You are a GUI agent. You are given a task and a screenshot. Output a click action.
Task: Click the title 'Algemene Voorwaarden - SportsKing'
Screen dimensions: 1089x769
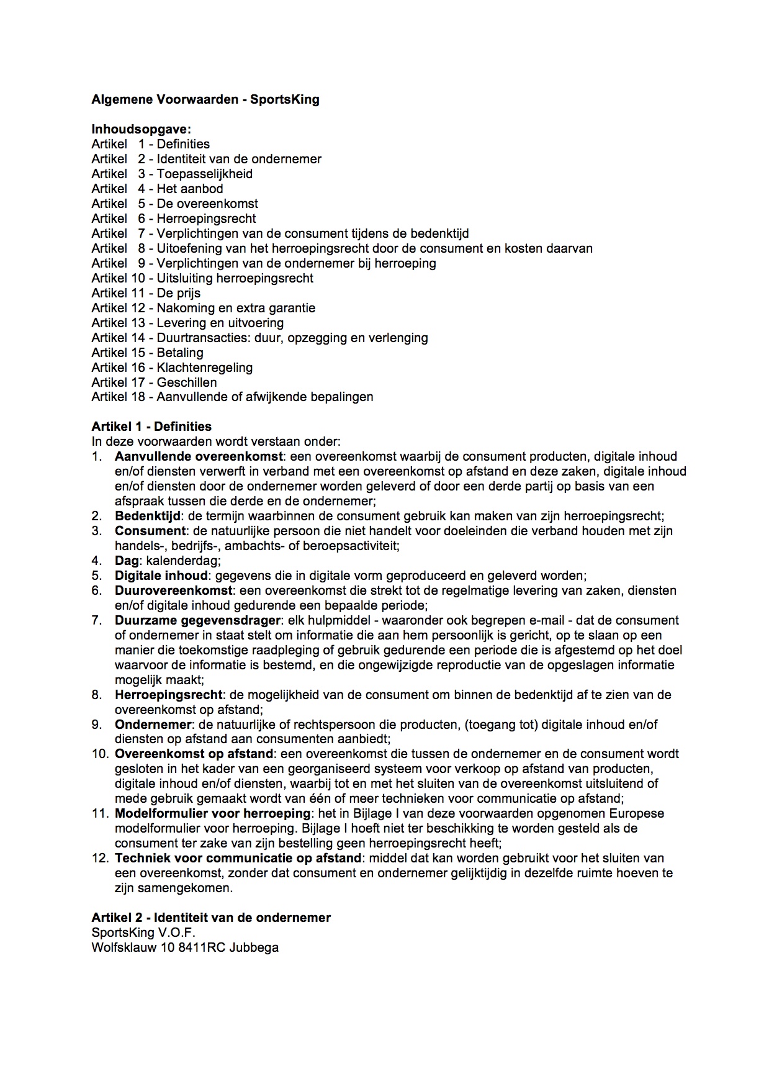pos(205,99)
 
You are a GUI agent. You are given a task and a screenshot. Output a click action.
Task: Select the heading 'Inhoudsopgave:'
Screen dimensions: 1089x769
pos(142,129)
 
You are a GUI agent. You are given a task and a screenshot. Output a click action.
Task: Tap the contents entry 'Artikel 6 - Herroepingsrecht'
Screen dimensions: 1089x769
pos(174,219)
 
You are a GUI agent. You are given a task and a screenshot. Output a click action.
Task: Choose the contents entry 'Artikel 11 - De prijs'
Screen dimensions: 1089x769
pos(146,293)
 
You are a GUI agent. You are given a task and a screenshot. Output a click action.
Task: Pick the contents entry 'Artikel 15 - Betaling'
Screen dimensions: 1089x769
pos(147,353)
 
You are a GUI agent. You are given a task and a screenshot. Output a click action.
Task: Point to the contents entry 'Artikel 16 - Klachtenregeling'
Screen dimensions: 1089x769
pos(172,368)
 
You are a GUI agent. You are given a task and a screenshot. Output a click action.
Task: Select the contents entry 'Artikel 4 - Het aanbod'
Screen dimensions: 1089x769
pos(157,189)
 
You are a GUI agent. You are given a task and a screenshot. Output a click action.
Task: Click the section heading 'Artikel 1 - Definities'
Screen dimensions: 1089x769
pos(151,427)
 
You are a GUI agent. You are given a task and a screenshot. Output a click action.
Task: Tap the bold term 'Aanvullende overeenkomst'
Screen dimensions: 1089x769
pos(198,456)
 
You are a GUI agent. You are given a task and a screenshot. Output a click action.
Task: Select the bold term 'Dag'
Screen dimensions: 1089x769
pos(127,561)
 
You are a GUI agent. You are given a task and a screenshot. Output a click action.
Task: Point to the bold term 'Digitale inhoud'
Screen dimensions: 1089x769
pos(161,576)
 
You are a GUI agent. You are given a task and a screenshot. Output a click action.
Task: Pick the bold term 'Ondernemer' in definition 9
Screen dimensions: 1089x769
pos(153,725)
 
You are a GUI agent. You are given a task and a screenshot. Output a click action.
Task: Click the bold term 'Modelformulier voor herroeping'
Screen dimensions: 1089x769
pos(212,813)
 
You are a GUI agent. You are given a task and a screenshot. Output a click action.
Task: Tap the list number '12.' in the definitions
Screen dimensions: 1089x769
pos(100,858)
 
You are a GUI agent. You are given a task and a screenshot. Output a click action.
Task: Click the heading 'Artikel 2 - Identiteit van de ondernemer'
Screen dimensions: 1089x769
pos(211,918)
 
